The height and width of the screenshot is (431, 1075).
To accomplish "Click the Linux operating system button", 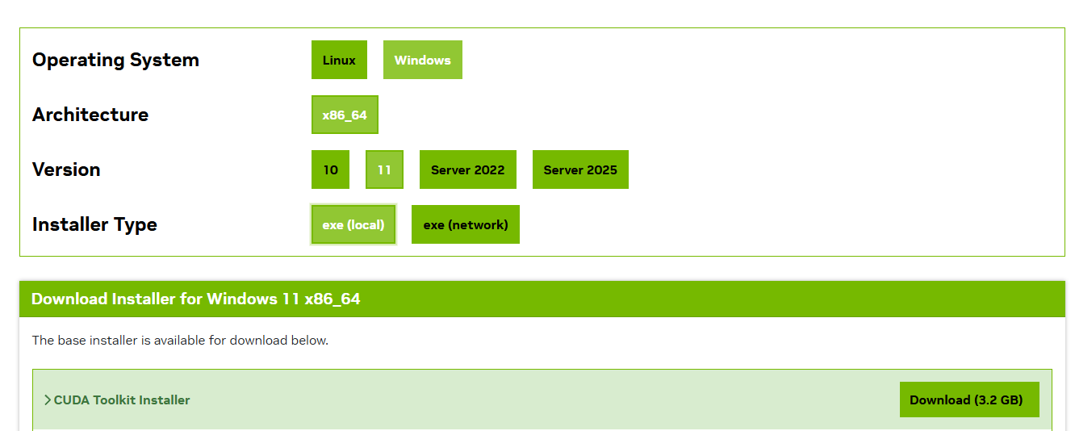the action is coord(339,60).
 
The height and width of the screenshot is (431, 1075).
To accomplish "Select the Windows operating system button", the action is coord(422,60).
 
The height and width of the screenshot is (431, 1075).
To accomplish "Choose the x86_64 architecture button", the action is coord(345,115).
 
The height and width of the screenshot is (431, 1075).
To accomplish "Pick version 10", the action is coord(330,169).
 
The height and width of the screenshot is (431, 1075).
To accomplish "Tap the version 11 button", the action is coord(384,169).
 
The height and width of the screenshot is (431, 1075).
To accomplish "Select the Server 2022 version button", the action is coord(467,169).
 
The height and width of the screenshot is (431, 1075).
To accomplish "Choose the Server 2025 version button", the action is coord(580,169).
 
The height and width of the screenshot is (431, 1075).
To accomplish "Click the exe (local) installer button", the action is coord(353,224).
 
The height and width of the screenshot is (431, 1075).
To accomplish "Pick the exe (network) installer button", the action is coord(466,224).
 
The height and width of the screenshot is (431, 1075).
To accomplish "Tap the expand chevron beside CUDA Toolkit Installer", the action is coord(48,400).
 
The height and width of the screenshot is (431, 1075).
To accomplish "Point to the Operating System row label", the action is coord(115,60).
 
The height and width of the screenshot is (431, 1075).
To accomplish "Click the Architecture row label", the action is coord(90,115).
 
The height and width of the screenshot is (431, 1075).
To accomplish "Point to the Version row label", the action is coord(66,169).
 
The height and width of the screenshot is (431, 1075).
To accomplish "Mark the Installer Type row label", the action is coord(94,224).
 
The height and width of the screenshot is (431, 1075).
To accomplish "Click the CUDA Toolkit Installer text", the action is coord(122,400).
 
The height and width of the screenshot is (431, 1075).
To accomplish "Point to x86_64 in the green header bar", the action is coord(333,299).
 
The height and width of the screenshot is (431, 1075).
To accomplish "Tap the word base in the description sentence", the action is coord(71,340).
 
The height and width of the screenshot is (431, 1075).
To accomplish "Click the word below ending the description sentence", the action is coord(310,340).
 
